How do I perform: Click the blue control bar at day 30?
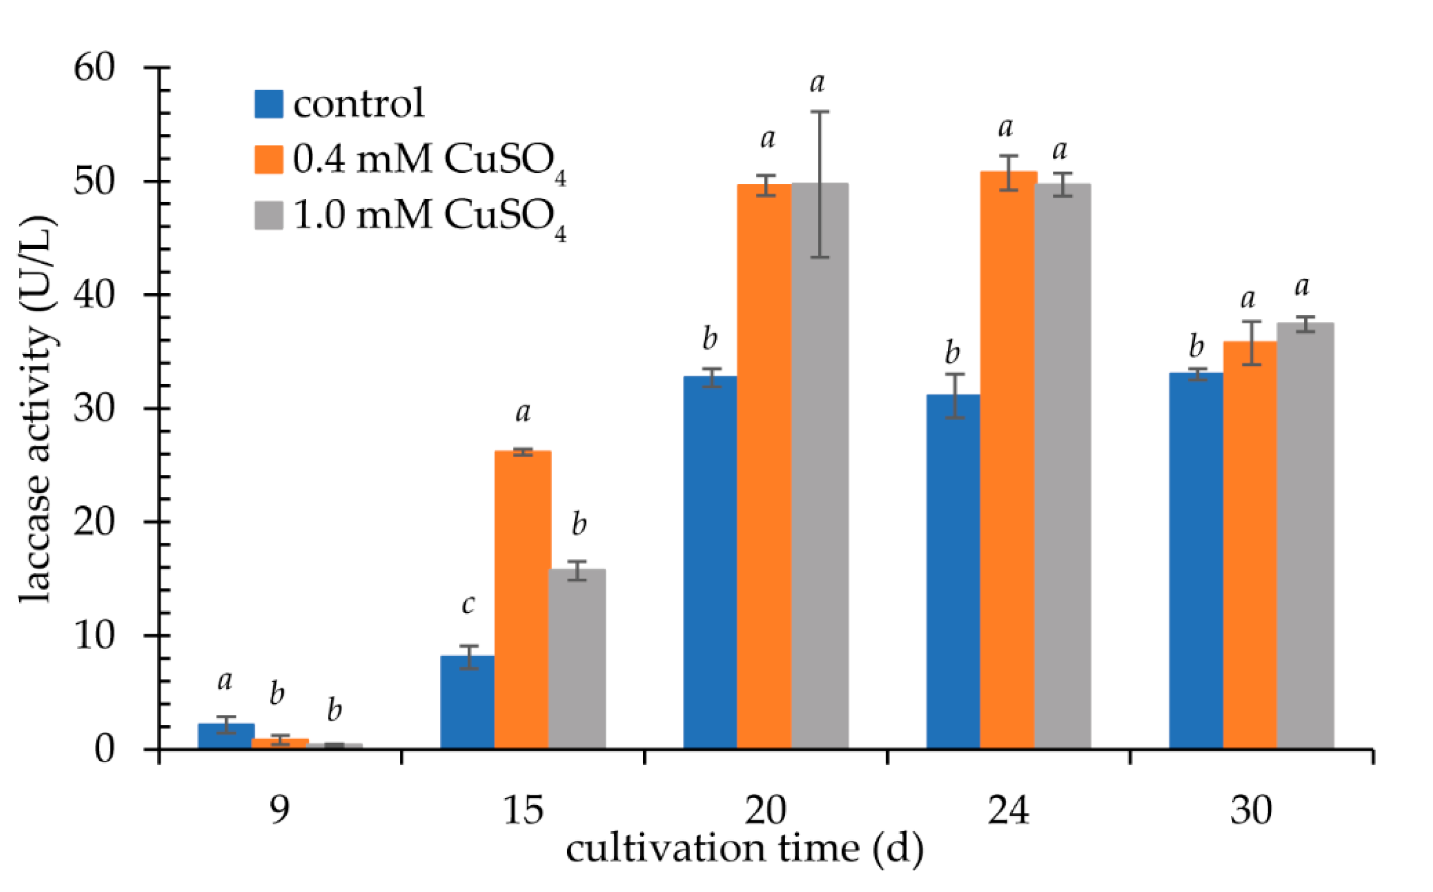(1196, 561)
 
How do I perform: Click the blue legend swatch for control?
(269, 104)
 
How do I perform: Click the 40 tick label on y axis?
(94, 295)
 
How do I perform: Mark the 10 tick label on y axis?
(94, 636)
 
